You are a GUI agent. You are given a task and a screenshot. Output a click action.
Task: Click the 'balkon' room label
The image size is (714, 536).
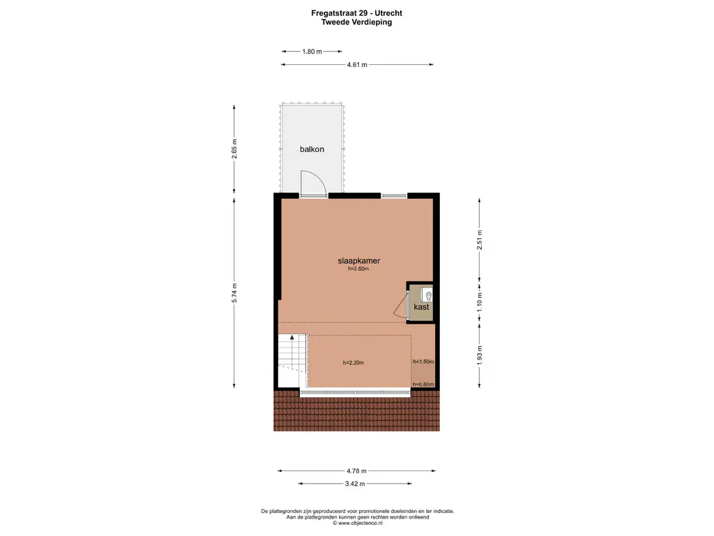click(312, 149)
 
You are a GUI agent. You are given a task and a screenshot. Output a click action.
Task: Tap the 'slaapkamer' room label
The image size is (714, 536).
click(360, 261)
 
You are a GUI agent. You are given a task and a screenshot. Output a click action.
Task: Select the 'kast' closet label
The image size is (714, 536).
click(421, 307)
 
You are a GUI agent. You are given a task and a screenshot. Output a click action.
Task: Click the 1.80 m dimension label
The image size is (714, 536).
click(312, 52)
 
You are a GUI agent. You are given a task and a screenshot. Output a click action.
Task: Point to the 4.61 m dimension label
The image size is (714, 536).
click(357, 65)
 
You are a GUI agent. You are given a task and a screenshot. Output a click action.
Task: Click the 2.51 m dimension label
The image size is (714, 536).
click(479, 239)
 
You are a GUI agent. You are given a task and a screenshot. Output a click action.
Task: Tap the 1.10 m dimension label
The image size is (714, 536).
click(479, 301)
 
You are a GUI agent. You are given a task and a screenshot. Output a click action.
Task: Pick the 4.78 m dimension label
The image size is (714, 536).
click(357, 470)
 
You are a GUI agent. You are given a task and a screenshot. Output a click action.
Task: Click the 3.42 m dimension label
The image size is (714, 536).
click(357, 484)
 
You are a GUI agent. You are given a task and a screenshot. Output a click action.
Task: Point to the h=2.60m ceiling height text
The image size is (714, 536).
click(359, 270)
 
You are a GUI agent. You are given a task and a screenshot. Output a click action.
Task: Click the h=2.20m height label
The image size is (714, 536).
click(354, 363)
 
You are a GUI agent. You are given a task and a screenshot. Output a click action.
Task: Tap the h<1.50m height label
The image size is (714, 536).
click(423, 362)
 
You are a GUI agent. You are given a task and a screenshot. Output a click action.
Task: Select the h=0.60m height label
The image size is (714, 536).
click(423, 385)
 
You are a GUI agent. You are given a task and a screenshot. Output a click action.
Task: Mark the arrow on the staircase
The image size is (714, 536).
click(291, 338)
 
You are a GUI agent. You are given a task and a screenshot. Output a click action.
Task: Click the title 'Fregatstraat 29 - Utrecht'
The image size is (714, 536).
click(356, 13)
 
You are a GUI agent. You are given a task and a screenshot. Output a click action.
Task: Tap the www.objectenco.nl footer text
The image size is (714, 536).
click(357, 523)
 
